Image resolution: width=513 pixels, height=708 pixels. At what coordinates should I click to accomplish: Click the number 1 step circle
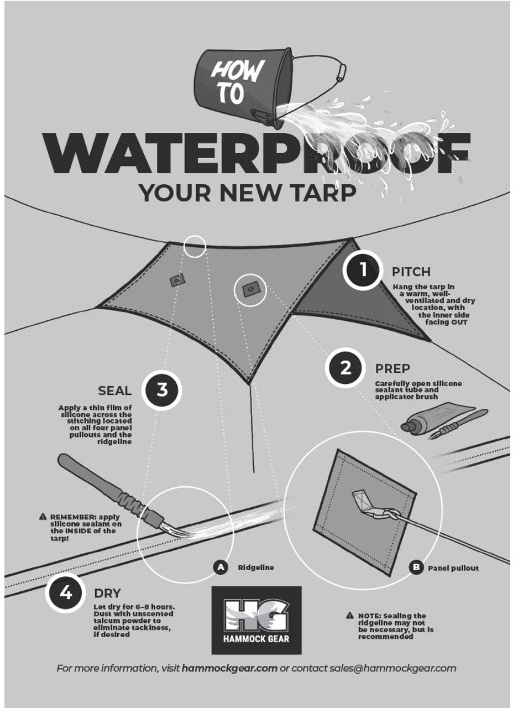pos(363,270)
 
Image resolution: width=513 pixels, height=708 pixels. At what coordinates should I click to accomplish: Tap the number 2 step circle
pos(346,368)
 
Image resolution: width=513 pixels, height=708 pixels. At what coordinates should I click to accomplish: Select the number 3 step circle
pos(162,390)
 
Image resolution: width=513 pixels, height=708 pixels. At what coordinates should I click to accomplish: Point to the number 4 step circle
pos(66,593)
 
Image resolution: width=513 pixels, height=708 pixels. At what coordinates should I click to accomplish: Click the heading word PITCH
pos(411,272)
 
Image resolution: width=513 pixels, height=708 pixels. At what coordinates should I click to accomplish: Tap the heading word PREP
pos(392,368)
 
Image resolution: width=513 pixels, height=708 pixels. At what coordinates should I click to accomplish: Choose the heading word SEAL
pos(114,391)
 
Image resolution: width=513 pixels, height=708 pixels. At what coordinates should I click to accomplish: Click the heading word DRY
pos(107,594)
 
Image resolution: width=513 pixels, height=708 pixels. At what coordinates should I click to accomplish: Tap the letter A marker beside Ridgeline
pos(221,568)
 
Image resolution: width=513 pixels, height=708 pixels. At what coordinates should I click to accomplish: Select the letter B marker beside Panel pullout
pos(416,568)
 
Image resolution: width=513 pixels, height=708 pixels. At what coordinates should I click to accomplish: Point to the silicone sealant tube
pos(438,417)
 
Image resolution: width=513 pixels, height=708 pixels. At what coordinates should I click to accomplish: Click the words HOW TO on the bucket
pos(235,82)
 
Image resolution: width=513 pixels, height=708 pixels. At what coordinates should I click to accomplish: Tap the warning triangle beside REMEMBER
pos(43,517)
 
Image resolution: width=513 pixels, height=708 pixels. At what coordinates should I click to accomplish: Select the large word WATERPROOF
pos(256,153)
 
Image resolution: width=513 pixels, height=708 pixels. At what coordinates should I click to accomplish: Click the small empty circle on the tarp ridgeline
pos(195,246)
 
